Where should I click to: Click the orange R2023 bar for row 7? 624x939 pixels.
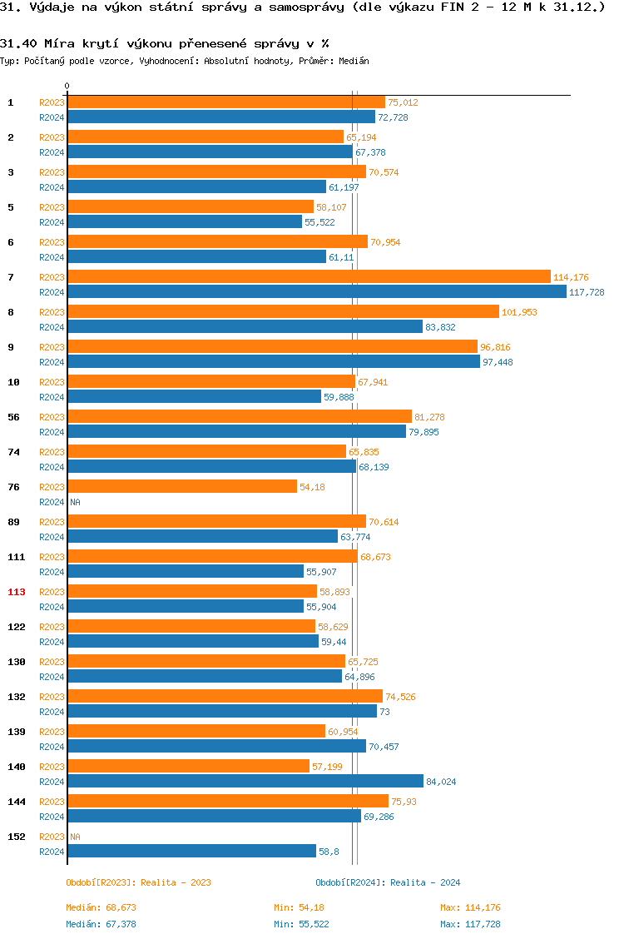(309, 276)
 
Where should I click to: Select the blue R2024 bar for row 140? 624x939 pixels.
(245, 781)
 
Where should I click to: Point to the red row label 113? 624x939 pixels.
(17, 592)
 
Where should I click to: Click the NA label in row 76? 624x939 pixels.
(75, 502)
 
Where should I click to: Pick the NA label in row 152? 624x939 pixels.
(75, 837)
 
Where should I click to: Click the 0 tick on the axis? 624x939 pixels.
(67, 86)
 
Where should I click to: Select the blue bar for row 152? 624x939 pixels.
(191, 851)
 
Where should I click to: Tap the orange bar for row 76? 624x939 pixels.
(182, 486)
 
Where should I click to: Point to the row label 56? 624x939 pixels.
(14, 417)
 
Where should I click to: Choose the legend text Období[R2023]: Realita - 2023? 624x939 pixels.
(138, 882)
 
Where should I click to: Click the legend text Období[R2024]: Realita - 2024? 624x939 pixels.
(388, 882)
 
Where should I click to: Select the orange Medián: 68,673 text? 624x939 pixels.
(101, 907)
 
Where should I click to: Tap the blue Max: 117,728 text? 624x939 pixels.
(470, 924)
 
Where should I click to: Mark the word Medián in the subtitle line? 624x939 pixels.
(354, 61)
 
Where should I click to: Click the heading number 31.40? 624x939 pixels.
(17, 42)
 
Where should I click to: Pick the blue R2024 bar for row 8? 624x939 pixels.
(245, 326)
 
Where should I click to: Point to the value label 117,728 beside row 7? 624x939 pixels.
(587, 292)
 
